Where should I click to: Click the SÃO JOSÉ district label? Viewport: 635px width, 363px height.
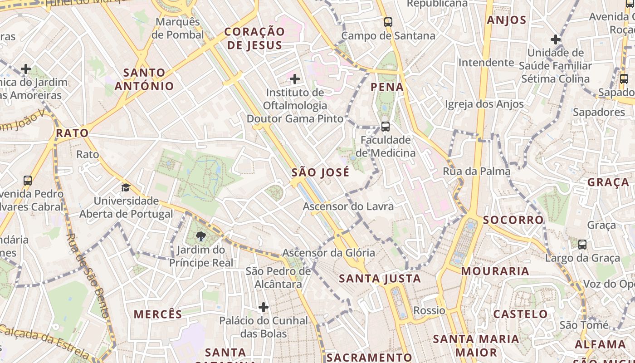(321, 172)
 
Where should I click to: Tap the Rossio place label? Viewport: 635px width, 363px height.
(429, 311)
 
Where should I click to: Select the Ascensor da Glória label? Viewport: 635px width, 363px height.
(328, 253)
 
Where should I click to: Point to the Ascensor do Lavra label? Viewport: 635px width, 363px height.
(348, 206)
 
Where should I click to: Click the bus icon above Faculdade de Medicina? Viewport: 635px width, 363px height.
(386, 127)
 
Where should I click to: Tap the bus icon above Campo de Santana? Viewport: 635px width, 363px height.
(388, 22)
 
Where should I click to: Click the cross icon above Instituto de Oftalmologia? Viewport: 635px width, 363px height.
(295, 79)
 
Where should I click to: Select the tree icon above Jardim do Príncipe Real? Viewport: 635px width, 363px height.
(201, 236)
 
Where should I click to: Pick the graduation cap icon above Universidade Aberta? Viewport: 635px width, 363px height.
(126, 187)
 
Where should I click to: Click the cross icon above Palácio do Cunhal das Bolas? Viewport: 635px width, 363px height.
(264, 308)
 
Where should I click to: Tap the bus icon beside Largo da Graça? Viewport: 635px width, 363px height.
(582, 244)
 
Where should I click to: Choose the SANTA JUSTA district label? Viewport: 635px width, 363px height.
(380, 279)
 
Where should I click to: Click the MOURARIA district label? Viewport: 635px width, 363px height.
(495, 271)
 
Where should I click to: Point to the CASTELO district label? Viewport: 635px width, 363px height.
(521, 314)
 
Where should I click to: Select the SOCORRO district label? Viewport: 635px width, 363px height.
(513, 220)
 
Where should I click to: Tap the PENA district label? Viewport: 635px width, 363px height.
(387, 87)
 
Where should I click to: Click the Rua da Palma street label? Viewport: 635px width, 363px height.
(477, 172)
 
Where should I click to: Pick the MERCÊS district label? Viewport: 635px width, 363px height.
(158, 314)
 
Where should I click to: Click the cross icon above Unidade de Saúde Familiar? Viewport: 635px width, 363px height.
(556, 39)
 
